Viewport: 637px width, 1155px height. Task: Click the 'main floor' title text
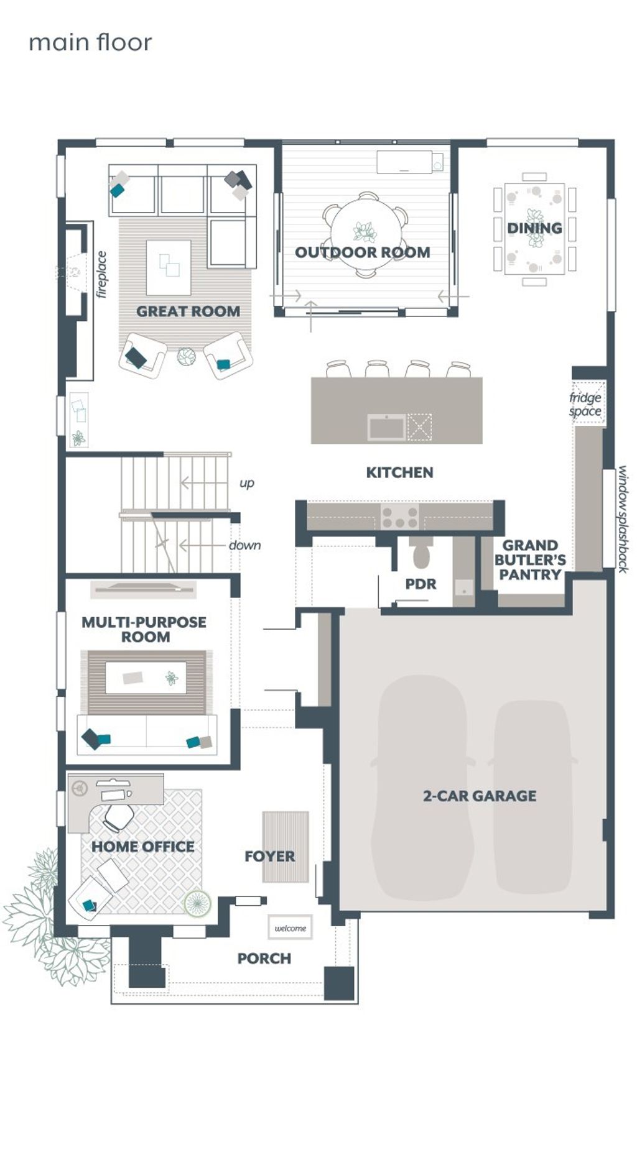click(90, 43)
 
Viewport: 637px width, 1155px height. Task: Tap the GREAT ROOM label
click(188, 311)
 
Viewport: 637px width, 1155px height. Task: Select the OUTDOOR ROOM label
click(363, 252)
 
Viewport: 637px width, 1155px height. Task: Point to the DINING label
click(534, 228)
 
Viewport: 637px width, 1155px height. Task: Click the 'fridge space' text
click(585, 404)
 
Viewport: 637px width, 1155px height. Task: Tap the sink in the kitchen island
click(386, 428)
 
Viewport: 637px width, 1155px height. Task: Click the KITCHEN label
click(399, 472)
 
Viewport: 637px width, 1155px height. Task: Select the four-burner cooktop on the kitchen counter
click(399, 516)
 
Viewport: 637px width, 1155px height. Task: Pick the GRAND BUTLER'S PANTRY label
click(530, 560)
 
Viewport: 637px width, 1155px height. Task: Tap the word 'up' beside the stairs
click(247, 483)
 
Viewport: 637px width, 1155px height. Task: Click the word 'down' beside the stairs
click(244, 545)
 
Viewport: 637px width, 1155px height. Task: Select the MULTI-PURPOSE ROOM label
click(144, 629)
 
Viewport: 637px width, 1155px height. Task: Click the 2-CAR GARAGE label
click(480, 796)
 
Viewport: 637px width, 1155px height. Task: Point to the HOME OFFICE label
click(143, 847)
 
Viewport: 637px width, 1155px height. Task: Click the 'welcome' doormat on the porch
click(291, 928)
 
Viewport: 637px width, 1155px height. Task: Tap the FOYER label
click(269, 857)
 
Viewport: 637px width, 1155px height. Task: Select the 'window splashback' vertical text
click(623, 519)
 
